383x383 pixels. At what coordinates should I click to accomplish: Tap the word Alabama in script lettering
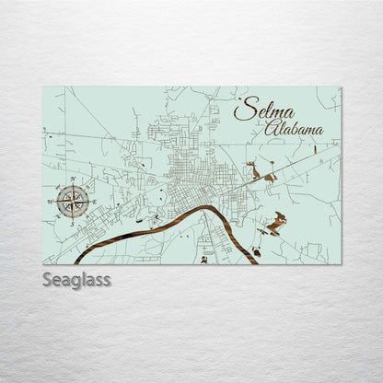(x=294, y=129)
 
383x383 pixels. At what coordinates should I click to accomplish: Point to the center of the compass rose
(x=73, y=201)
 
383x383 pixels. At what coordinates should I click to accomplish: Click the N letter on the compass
(x=73, y=180)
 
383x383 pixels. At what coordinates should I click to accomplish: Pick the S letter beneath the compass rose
(x=73, y=222)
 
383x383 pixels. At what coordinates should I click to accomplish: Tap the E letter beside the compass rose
(x=94, y=201)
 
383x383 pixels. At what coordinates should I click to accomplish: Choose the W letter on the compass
(x=52, y=201)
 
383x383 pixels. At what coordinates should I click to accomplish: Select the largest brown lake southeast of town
(x=274, y=222)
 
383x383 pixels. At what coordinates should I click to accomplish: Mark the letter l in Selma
(x=261, y=110)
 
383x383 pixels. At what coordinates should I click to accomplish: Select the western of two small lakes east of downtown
(x=253, y=171)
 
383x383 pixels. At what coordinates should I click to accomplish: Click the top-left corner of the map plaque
(x=42, y=87)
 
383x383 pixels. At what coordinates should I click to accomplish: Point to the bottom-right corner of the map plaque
(x=341, y=264)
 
